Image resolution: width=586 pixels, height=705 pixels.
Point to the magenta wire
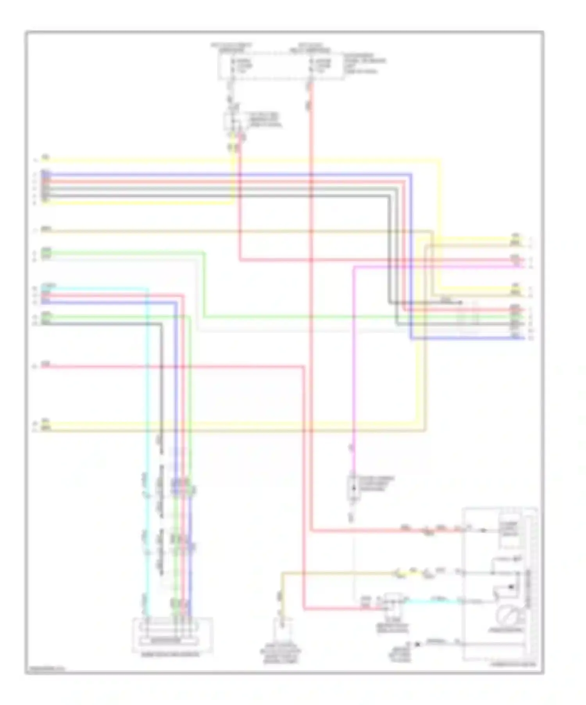click(354, 352)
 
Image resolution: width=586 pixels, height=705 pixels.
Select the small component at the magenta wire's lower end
click(352, 488)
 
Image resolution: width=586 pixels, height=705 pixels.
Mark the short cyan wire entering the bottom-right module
click(434, 602)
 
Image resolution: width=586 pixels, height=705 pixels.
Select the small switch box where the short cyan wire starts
click(392, 601)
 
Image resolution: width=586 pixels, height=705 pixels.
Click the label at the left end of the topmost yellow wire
click(46, 158)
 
